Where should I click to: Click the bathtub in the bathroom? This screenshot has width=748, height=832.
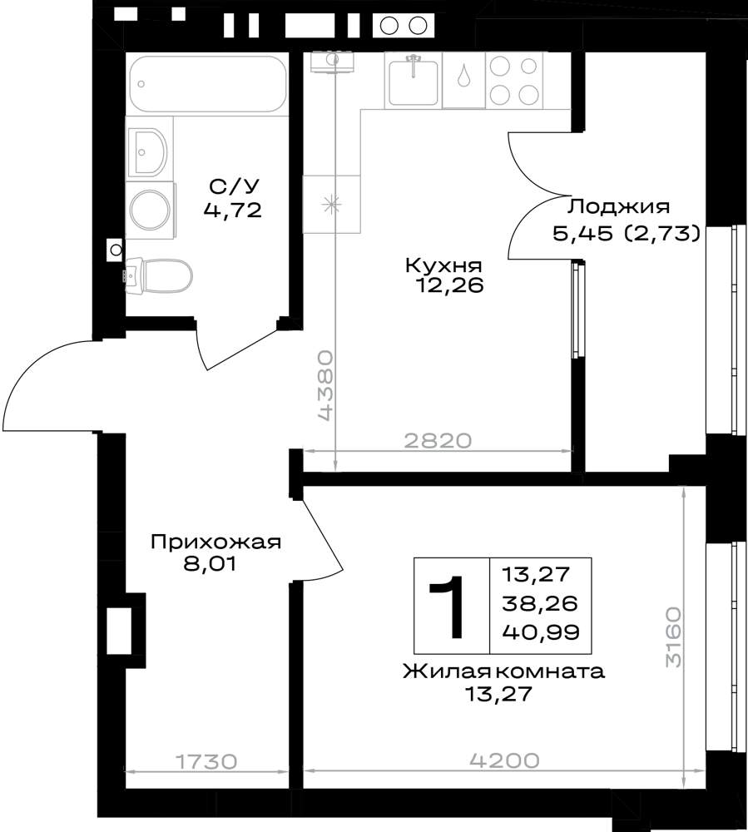tap(208, 84)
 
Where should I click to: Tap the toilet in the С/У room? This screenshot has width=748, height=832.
tap(159, 275)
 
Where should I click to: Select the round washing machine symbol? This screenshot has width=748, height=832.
tap(150, 210)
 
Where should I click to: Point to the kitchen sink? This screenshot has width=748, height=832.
tap(414, 82)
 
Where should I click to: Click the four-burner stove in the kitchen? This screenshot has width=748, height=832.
tap(513, 80)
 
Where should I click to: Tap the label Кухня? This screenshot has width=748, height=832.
tap(443, 265)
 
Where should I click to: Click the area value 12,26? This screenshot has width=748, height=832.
tap(450, 286)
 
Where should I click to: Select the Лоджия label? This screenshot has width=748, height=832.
tap(618, 206)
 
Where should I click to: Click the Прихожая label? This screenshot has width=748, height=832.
tap(215, 542)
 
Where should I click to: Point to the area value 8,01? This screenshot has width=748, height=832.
tap(210, 563)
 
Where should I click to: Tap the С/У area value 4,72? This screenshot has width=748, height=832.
tap(233, 210)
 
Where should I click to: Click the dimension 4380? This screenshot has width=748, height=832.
tap(325, 385)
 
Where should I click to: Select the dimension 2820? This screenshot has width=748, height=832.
tap(438, 440)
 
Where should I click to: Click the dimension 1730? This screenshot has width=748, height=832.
tap(206, 762)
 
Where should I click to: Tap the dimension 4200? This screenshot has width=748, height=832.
tap(504, 760)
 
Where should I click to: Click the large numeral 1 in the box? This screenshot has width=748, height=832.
tap(447, 607)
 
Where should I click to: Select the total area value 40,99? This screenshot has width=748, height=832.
tap(541, 632)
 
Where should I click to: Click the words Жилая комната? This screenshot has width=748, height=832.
tap(504, 671)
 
